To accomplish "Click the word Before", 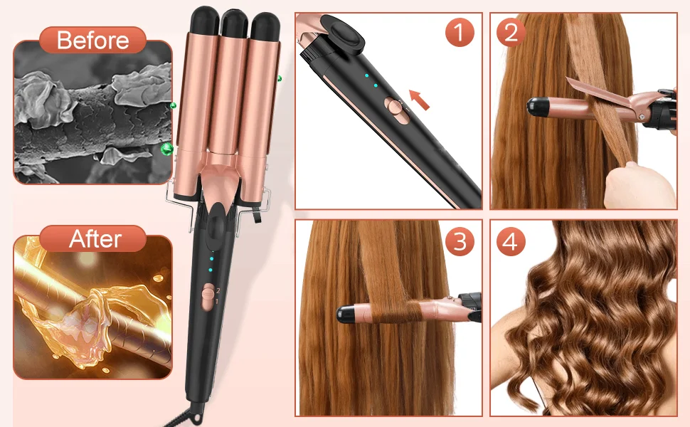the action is pyautogui.click(x=93, y=40).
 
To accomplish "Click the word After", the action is pyautogui.click(x=95, y=239).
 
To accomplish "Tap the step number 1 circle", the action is pyautogui.click(x=460, y=32).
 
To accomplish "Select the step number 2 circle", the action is pyautogui.click(x=511, y=32).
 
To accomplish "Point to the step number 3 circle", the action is pyautogui.click(x=460, y=241).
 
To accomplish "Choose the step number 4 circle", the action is pyautogui.click(x=511, y=241).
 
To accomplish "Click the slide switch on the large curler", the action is pyautogui.click(x=208, y=296).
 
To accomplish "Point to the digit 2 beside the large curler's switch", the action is pyautogui.click(x=218, y=290).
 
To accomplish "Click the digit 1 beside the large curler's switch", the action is pyautogui.click(x=216, y=302).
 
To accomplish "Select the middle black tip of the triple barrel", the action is pyautogui.click(x=235, y=23).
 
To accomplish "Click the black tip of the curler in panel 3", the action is pyautogui.click(x=346, y=314).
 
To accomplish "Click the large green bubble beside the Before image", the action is pyautogui.click(x=166, y=149).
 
